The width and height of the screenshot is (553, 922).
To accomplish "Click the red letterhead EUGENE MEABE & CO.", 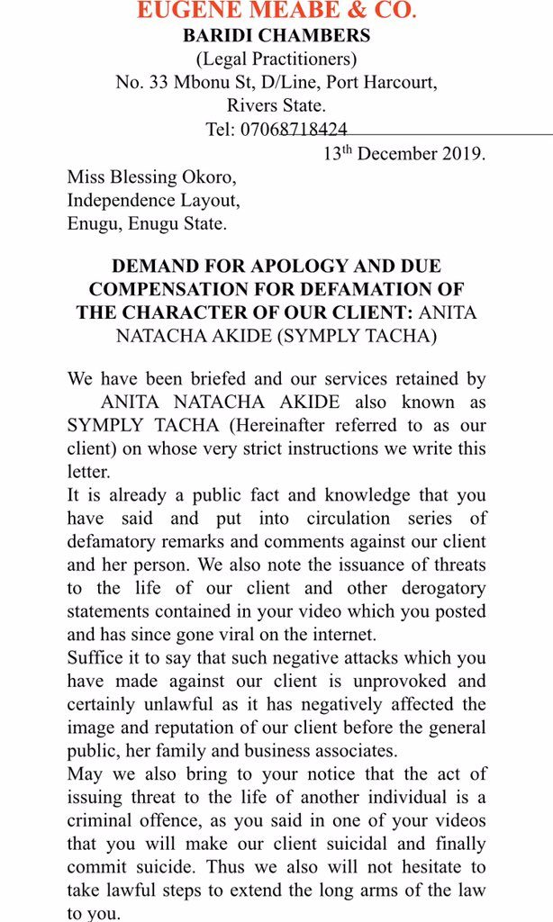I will tap(276, 12).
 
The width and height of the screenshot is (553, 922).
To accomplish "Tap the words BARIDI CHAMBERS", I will tap(276, 37).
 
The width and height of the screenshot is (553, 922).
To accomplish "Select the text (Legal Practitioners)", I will tap(276, 59).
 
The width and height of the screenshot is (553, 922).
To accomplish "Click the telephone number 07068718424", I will tap(294, 129).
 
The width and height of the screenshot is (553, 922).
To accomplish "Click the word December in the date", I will tap(397, 152).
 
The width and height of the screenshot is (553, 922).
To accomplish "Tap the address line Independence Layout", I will tap(154, 199).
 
